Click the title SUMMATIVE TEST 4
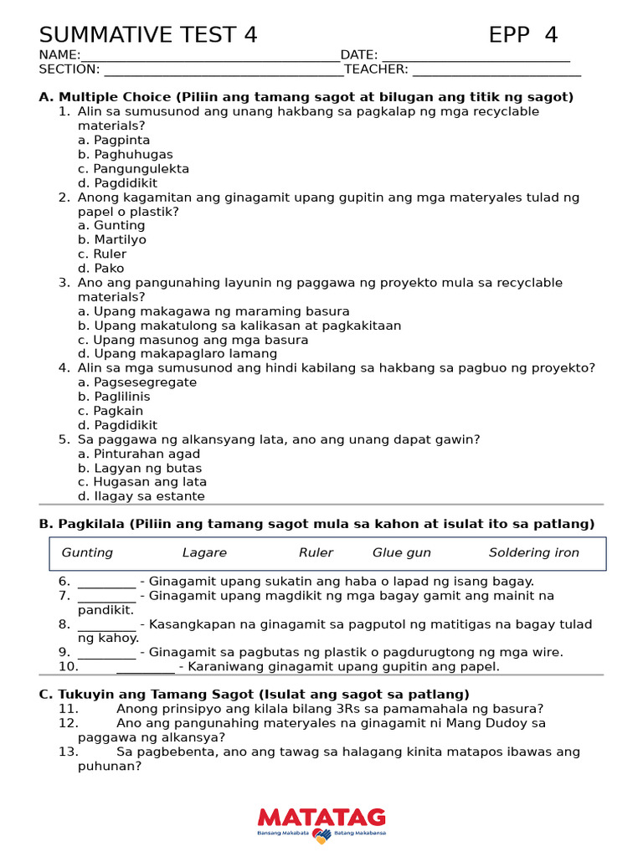coord(148,35)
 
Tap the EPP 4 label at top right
coord(522,35)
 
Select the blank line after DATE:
coord(476,56)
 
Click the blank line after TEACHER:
coord(496,70)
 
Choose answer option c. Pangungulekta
coord(133,169)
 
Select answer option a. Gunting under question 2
coord(111,226)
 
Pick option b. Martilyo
coord(112,240)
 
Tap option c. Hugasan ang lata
coord(142,482)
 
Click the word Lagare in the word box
coord(204,553)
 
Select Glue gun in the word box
coord(402,553)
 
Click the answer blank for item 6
coord(106,582)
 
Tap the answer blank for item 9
coord(106,654)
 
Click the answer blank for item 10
coord(146,668)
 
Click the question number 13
coord(68,752)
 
